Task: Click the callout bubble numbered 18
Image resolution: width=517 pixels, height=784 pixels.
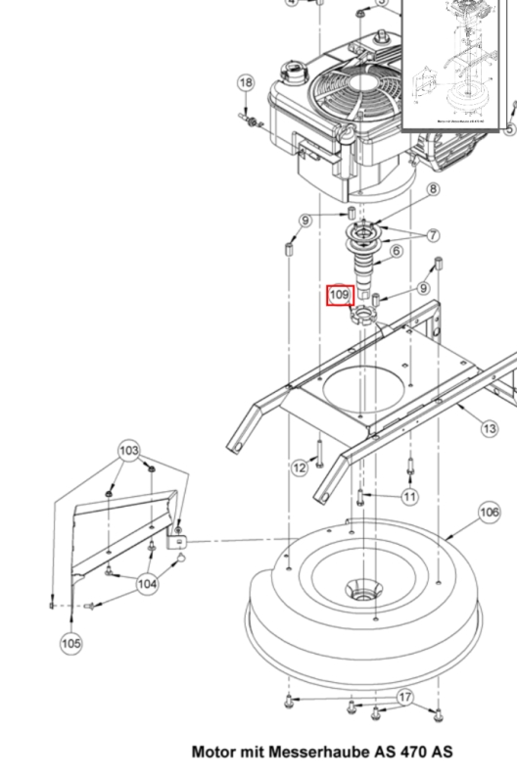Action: coord(246,83)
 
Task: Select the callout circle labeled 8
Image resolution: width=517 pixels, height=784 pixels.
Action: coord(432,188)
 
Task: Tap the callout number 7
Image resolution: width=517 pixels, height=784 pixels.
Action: coord(432,236)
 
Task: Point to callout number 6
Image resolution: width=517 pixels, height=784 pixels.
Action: coord(397,252)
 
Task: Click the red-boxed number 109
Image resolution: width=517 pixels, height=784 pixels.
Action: coord(339,295)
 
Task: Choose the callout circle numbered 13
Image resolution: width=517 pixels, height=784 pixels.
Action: coord(490,428)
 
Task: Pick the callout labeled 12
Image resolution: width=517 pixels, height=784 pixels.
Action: coord(299,468)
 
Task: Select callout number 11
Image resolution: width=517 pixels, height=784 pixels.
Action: coord(409,497)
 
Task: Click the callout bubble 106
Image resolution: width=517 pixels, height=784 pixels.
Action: coord(490,512)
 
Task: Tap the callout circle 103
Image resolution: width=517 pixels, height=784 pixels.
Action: coord(129,451)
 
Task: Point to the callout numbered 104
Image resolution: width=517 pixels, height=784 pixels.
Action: coord(147,584)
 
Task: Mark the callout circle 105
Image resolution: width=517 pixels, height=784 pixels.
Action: coord(70,643)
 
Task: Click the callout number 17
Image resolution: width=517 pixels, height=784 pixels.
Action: coord(405,698)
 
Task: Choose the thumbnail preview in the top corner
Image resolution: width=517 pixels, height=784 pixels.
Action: coord(456,64)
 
